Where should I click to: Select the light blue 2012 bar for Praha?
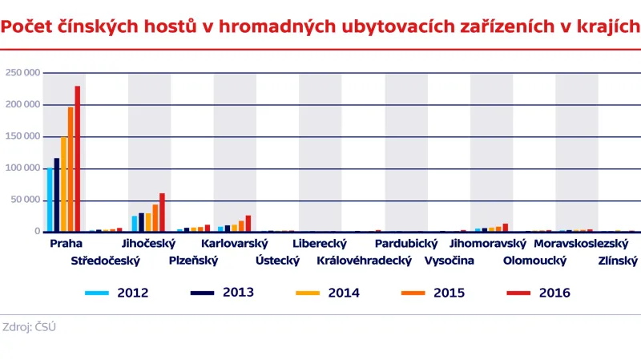coord(50,200)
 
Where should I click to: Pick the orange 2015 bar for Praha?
coord(71,169)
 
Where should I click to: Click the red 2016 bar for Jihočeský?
coord(162,212)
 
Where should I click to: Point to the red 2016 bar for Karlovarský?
coord(248,224)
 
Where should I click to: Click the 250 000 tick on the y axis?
coord(22,73)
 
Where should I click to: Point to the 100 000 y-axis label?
coord(22,168)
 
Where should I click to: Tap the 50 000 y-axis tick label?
coord(25,200)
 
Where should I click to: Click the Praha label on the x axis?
coord(66,243)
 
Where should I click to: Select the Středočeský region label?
coord(105,261)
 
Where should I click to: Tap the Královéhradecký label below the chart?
coord(364,261)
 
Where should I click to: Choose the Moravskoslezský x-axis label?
coord(583,243)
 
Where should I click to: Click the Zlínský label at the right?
coord(617,261)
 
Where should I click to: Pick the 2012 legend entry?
coord(132,293)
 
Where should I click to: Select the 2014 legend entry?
coord(344,293)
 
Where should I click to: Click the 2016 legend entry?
coord(554,293)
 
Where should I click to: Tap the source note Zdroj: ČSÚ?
coord(30,327)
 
